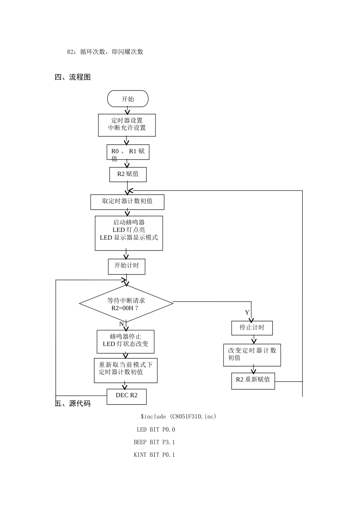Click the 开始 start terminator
coord(128,99)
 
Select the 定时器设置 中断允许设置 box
coord(127,125)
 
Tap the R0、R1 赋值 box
coord(128,152)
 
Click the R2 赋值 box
coord(128,174)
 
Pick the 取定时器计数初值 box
coord(127,201)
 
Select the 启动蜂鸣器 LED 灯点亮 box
coord(129,233)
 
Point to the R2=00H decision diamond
coord(126,304)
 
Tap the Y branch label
coord(247,312)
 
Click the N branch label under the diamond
coord(121,324)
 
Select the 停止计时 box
coord(252,328)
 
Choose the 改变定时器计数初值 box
coord(252,354)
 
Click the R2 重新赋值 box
coord(253,380)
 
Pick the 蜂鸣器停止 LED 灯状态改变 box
coord(125,341)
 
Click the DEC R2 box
coord(127,396)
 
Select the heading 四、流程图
coord(73,77)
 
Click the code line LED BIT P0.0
coord(156,429)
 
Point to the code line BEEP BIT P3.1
coord(154,442)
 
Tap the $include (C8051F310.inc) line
coord(178,417)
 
